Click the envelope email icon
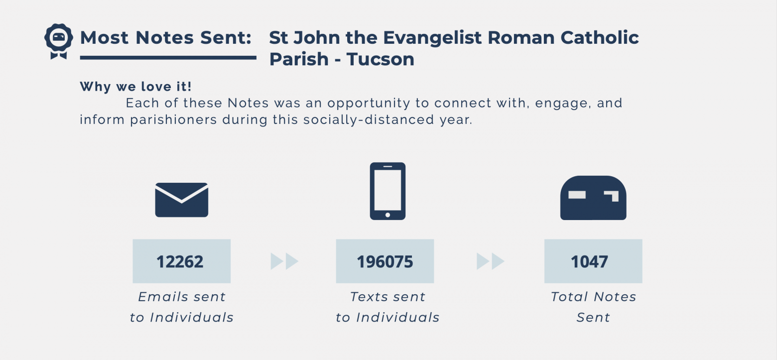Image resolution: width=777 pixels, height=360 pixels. pos(181,200)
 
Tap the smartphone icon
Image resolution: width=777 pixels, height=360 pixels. pos(388,191)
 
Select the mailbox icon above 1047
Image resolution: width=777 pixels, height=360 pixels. pos(593,198)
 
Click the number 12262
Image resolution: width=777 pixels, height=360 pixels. pos(180,261)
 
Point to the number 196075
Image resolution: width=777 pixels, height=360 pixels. pos(385,261)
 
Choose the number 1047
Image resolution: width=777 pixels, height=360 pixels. pos(589,261)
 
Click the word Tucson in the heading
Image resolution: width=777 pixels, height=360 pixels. pos(381,59)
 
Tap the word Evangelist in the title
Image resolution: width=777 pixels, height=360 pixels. pos(432,38)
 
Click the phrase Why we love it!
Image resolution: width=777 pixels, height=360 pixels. pos(135,86)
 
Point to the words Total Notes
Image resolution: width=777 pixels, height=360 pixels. pos(594,297)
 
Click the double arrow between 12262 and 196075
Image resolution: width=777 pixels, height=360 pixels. pos(284,261)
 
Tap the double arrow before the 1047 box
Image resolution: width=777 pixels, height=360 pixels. pos(491,261)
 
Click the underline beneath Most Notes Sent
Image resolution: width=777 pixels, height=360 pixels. pos(168,58)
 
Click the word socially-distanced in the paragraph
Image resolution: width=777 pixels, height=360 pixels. pos(369,120)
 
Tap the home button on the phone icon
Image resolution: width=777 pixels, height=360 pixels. pos(388,215)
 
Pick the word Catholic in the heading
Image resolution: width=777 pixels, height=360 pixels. pos(599,37)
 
